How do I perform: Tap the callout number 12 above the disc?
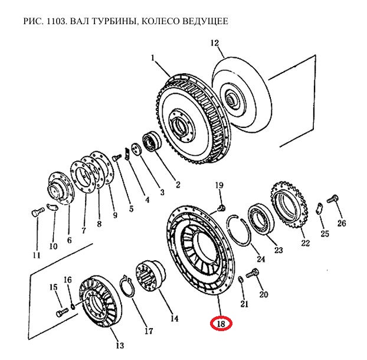pos(214,42)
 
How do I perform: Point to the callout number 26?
pos(342,223)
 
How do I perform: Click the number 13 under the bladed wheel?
pos(119,345)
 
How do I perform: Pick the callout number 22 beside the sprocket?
pos(305,243)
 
